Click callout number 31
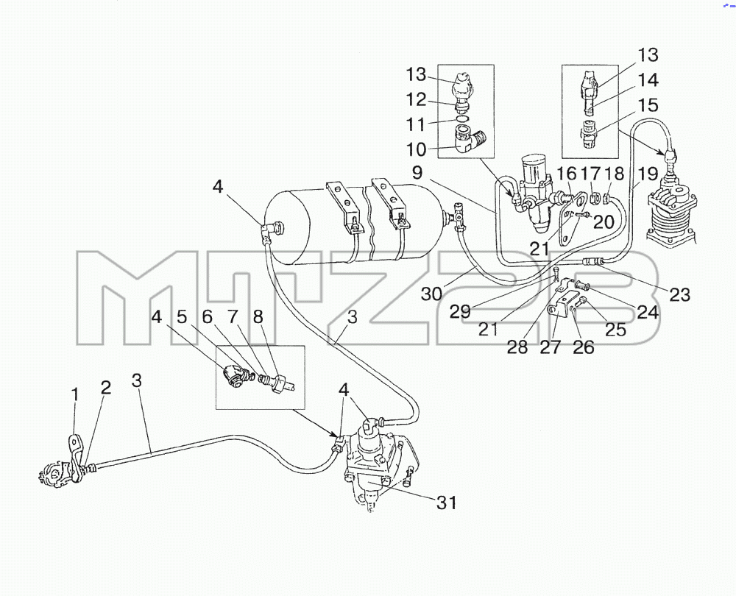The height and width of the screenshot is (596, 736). (x=447, y=503)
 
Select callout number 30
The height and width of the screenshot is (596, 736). (x=431, y=294)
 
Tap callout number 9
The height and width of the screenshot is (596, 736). (x=417, y=173)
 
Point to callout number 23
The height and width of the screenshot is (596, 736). (x=679, y=294)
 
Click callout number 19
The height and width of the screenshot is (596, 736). (x=648, y=174)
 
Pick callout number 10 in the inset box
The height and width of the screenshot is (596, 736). (x=417, y=149)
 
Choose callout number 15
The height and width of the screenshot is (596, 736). (x=648, y=105)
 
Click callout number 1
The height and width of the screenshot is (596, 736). (x=75, y=396)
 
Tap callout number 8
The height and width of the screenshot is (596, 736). (x=258, y=317)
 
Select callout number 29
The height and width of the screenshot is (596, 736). (x=460, y=311)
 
